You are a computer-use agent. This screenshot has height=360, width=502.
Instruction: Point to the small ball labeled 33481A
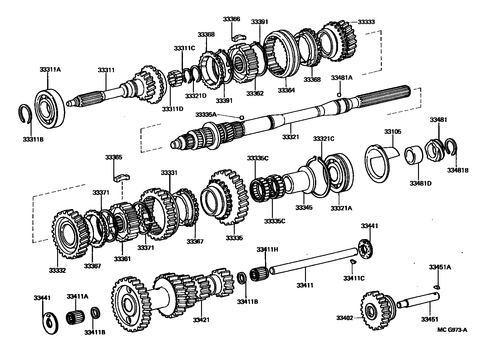point(339,95)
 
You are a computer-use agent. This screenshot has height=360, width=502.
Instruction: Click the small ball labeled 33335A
point(241,117)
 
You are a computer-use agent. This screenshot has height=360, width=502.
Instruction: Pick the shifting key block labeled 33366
point(239,37)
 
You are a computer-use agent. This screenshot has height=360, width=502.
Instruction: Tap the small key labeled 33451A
point(437,286)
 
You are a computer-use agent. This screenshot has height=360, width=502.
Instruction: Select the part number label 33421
point(201,320)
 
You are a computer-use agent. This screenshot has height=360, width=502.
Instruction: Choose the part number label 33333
point(366,22)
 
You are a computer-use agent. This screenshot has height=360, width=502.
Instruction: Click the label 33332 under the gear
point(57,270)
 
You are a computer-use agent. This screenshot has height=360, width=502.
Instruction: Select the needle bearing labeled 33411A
point(76,317)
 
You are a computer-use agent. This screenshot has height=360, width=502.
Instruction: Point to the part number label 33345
point(304,207)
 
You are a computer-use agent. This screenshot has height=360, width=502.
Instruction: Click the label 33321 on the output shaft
point(291,137)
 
